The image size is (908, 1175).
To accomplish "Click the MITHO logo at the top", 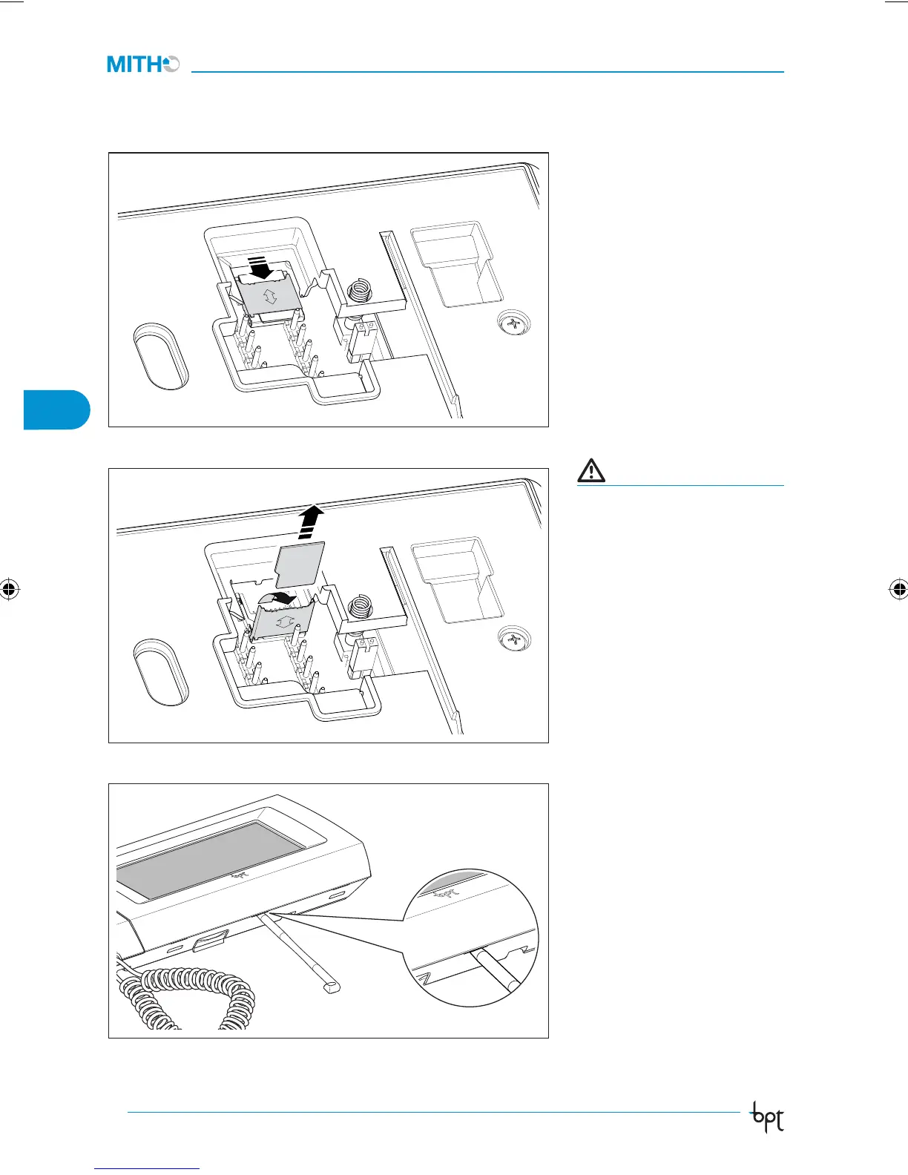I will (143, 65).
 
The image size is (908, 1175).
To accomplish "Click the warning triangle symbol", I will (591, 470).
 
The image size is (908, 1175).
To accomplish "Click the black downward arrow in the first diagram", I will (259, 269).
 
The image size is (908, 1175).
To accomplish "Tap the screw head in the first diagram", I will (513, 324).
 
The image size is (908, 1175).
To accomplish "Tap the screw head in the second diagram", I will (514, 639).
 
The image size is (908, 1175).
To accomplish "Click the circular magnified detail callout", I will (470, 938).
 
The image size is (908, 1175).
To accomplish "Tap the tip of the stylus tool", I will (332, 987).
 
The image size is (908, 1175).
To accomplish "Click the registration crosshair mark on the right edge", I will (898, 590).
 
